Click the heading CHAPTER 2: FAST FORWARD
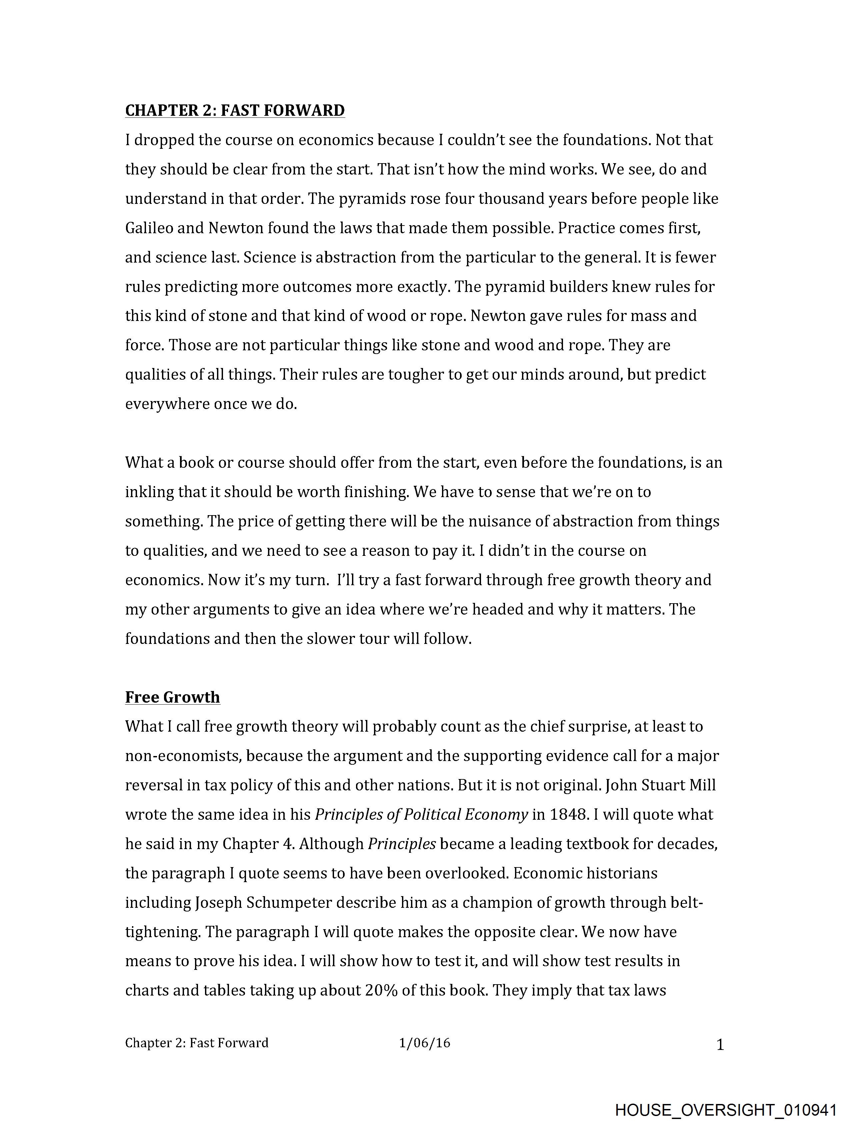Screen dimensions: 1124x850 pyautogui.click(x=235, y=110)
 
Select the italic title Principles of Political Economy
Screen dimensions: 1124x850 pyautogui.click(x=421, y=814)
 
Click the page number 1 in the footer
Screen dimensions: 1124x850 pyautogui.click(x=720, y=1045)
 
